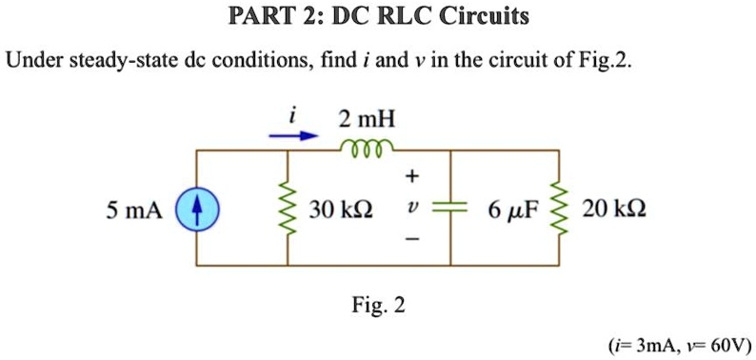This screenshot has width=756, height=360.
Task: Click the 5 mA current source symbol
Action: [198, 208]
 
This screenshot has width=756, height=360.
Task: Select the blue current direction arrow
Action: [291, 136]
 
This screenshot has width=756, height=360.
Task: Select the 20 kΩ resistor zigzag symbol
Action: [558, 208]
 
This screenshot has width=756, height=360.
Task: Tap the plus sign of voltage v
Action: [411, 176]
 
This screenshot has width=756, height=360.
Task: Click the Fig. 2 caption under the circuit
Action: [379, 306]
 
